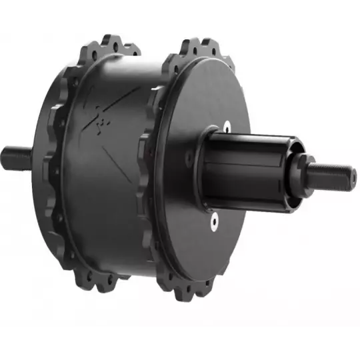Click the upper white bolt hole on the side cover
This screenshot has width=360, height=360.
(x=226, y=125)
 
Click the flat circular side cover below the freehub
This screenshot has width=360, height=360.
(x=200, y=247)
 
